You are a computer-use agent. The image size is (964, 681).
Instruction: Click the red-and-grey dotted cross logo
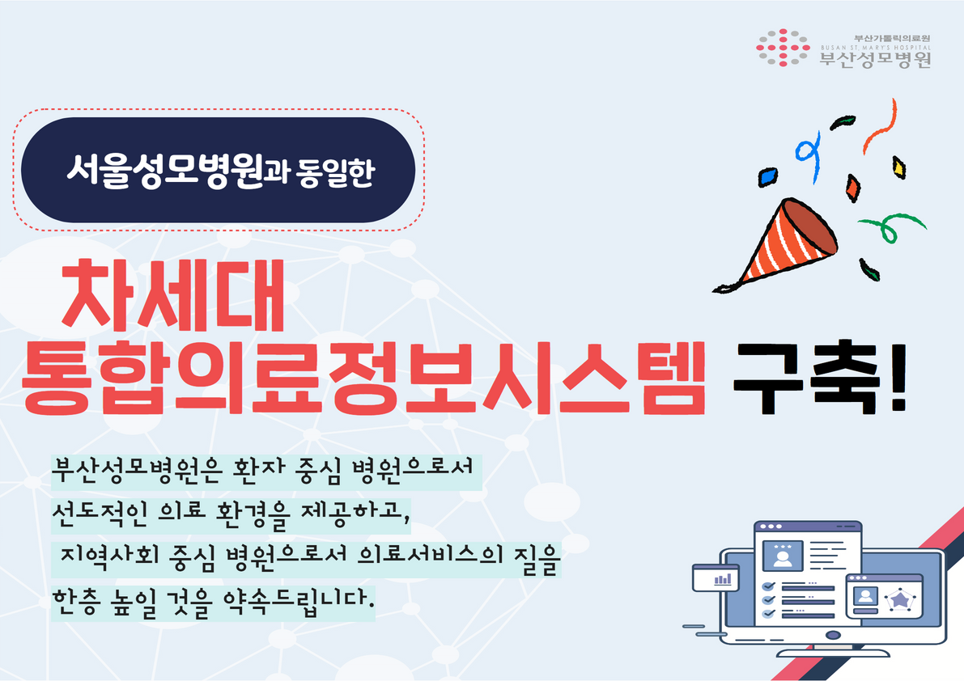click(783, 47)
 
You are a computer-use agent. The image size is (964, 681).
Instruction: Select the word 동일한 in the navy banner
click(335, 172)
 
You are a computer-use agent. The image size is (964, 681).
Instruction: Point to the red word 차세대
click(172, 295)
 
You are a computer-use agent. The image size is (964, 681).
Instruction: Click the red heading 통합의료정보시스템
click(363, 377)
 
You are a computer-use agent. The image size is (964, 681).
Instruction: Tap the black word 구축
click(805, 377)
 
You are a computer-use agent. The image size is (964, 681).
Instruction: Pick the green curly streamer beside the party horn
click(890, 226)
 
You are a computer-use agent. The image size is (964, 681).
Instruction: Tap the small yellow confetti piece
click(898, 167)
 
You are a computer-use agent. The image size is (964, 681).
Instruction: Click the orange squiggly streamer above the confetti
click(880, 126)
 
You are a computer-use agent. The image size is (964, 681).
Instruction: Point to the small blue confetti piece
click(767, 176)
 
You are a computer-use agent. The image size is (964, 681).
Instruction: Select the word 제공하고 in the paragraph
click(355, 514)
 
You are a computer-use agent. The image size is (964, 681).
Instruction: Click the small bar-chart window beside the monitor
click(716, 577)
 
